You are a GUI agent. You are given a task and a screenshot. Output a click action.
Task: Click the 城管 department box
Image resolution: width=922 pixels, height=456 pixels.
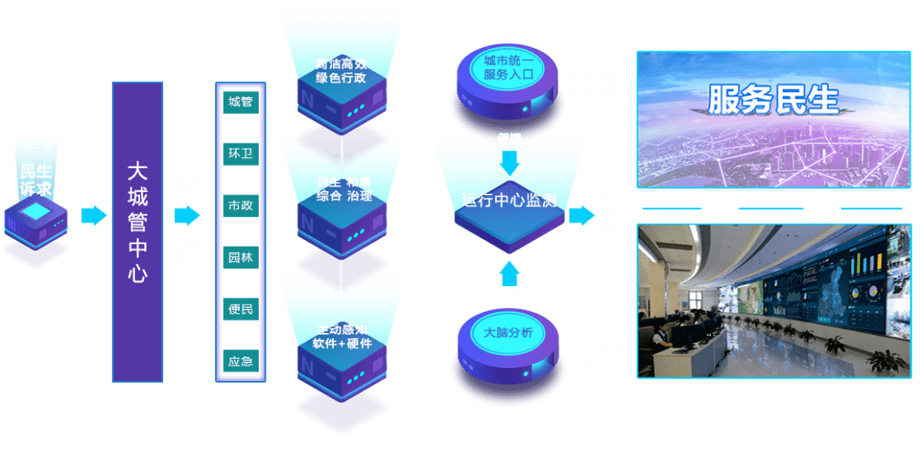pyautogui.click(x=241, y=102)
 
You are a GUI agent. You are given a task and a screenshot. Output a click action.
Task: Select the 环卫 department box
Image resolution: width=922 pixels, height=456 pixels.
pyautogui.click(x=241, y=154)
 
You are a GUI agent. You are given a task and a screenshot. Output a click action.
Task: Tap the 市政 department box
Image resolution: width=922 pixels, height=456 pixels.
pyautogui.click(x=241, y=206)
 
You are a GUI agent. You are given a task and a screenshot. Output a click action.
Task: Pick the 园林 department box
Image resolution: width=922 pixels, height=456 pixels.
pyautogui.click(x=241, y=257)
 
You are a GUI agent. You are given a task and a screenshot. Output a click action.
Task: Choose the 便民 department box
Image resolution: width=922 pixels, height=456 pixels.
pyautogui.click(x=241, y=309)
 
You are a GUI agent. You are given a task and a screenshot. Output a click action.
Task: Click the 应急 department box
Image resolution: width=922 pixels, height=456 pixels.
pyautogui.click(x=241, y=361)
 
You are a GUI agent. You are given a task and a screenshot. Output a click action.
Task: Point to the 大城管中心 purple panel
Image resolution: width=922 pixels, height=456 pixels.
pyautogui.click(x=137, y=231)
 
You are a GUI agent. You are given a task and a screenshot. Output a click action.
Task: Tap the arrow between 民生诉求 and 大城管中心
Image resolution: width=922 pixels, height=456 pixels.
pyautogui.click(x=94, y=215)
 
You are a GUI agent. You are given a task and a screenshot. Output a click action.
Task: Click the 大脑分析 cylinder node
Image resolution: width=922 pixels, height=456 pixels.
pyautogui.click(x=508, y=333)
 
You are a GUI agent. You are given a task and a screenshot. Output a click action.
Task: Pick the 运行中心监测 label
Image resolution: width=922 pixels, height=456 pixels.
pyautogui.click(x=510, y=201)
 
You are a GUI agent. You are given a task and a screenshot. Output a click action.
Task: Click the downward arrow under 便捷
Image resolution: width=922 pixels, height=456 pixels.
pyautogui.click(x=510, y=161)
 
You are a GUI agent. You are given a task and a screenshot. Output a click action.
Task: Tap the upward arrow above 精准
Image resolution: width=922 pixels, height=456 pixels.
pyautogui.click(x=510, y=272)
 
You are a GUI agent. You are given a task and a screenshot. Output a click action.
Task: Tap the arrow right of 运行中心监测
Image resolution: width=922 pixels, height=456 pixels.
pyautogui.click(x=581, y=215)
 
